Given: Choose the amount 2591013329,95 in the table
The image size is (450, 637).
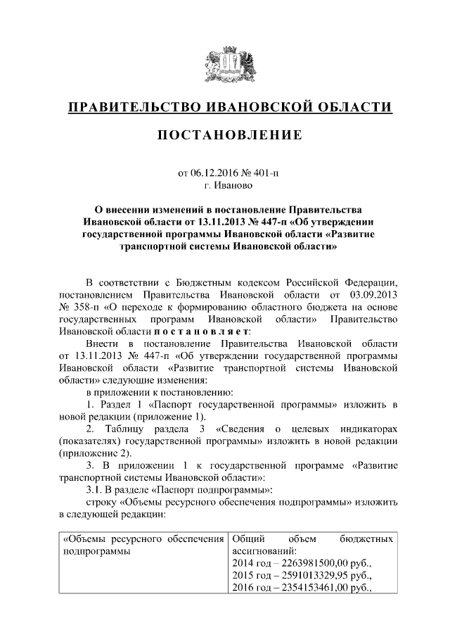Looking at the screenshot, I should click(316, 576).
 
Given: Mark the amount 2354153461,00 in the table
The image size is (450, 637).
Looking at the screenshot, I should click(316, 588).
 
